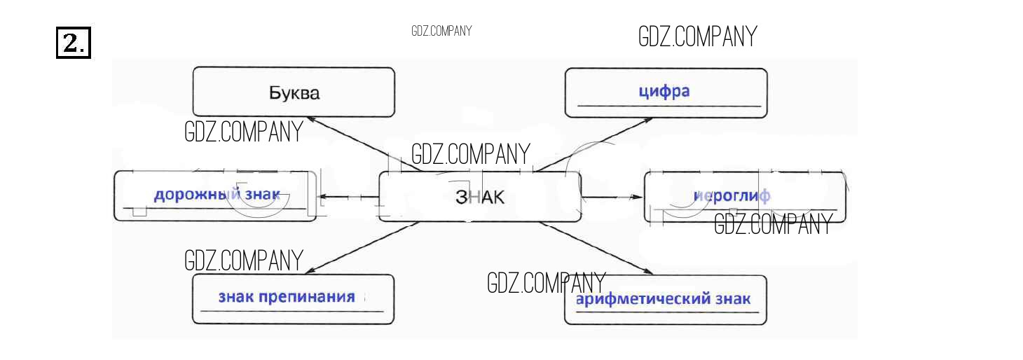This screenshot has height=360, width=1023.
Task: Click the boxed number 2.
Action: click(73, 43)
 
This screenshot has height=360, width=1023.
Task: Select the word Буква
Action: click(294, 92)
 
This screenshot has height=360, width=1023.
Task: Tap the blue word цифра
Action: click(664, 91)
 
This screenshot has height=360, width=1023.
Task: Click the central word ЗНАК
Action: click(480, 197)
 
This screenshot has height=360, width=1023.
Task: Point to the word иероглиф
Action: click(732, 195)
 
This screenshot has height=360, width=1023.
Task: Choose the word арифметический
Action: click(643, 299)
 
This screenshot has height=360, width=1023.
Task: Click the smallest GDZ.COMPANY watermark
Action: click(441, 31)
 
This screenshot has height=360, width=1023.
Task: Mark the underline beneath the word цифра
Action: click(669, 106)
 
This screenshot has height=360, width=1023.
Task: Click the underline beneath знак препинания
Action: click(292, 310)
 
